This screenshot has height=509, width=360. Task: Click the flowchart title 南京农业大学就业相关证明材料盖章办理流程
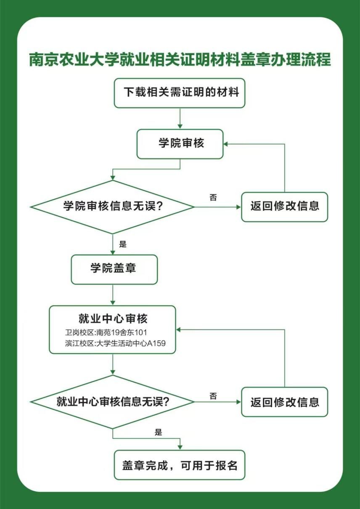pyautogui.click(x=180, y=60)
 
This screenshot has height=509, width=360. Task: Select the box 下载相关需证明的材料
pyautogui.click(x=180, y=93)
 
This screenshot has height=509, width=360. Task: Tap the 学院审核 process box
pyautogui.click(x=180, y=144)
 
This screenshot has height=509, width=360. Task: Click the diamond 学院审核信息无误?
pyautogui.click(x=112, y=207)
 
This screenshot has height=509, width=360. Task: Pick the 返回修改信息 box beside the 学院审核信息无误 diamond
pyautogui.click(x=284, y=207)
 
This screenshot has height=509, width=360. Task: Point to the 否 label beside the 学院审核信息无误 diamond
pyautogui.click(x=213, y=197)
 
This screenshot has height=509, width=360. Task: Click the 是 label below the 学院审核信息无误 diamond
pyautogui.click(x=123, y=244)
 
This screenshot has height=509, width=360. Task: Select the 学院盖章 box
pyautogui.click(x=114, y=270)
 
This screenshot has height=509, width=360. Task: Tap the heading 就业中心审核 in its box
pyautogui.click(x=113, y=318)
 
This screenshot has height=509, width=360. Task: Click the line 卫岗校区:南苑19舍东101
pyautogui.click(x=106, y=332)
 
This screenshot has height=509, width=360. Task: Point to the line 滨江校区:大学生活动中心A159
pyautogui.click(x=115, y=343)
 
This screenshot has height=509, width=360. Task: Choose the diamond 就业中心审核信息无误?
pyautogui.click(x=112, y=402)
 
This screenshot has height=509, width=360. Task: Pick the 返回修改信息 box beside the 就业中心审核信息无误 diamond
pyautogui.click(x=284, y=402)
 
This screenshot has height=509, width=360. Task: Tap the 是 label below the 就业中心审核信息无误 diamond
pyautogui.click(x=158, y=432)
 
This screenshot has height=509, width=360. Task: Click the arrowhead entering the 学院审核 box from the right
pyautogui.click(x=225, y=144)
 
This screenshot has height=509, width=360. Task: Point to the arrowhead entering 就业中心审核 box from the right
pyautogui.click(x=178, y=329)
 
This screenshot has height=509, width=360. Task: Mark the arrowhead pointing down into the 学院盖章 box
pyautogui.click(x=113, y=252)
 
